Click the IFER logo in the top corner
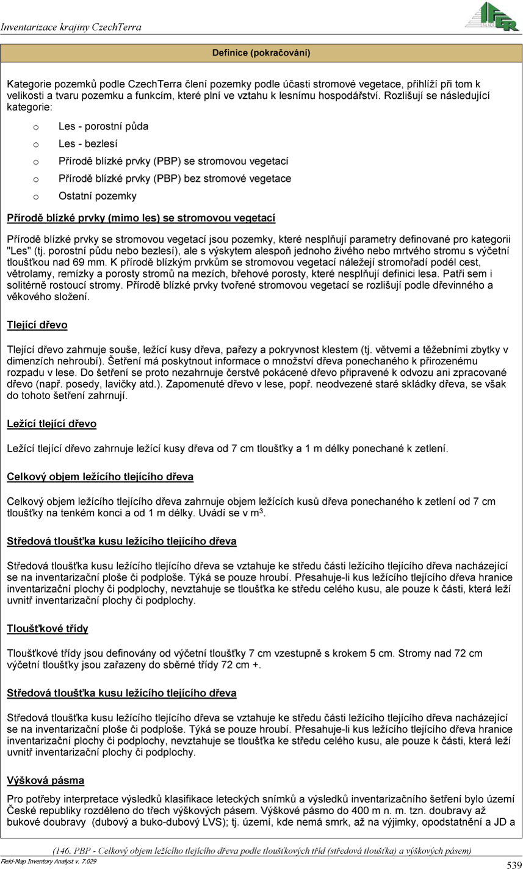pyautogui.click(x=492, y=16)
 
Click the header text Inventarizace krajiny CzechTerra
pyautogui.click(x=71, y=27)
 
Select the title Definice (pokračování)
pyautogui.click(x=261, y=53)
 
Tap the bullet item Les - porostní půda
pyautogui.click(x=103, y=126)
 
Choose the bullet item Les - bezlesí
pyautogui.click(x=88, y=144)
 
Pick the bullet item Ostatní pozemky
pyautogui.click(x=97, y=196)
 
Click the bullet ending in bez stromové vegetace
pyautogui.click(x=175, y=179)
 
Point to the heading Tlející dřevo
pyautogui.click(x=37, y=325)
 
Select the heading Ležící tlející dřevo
pyautogui.click(x=51, y=424)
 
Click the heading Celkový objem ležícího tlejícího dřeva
pyautogui.click(x=100, y=477)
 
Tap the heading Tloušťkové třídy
pyautogui.click(x=48, y=629)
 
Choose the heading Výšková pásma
pyautogui.click(x=45, y=781)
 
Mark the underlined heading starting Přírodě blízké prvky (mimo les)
pyautogui.click(x=141, y=218)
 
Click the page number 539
pyautogui.click(x=514, y=864)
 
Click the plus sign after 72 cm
pyautogui.click(x=255, y=665)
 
